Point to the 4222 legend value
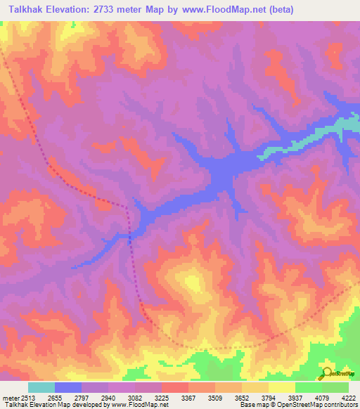(x=347, y=398)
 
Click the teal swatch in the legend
(x=41, y=387)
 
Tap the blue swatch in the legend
(x=68, y=387)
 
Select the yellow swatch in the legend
(x=281, y=387)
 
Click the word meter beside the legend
(x=8, y=398)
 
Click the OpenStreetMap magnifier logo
(x=326, y=372)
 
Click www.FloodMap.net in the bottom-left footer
(x=136, y=405)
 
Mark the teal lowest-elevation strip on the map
(x=330, y=131)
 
